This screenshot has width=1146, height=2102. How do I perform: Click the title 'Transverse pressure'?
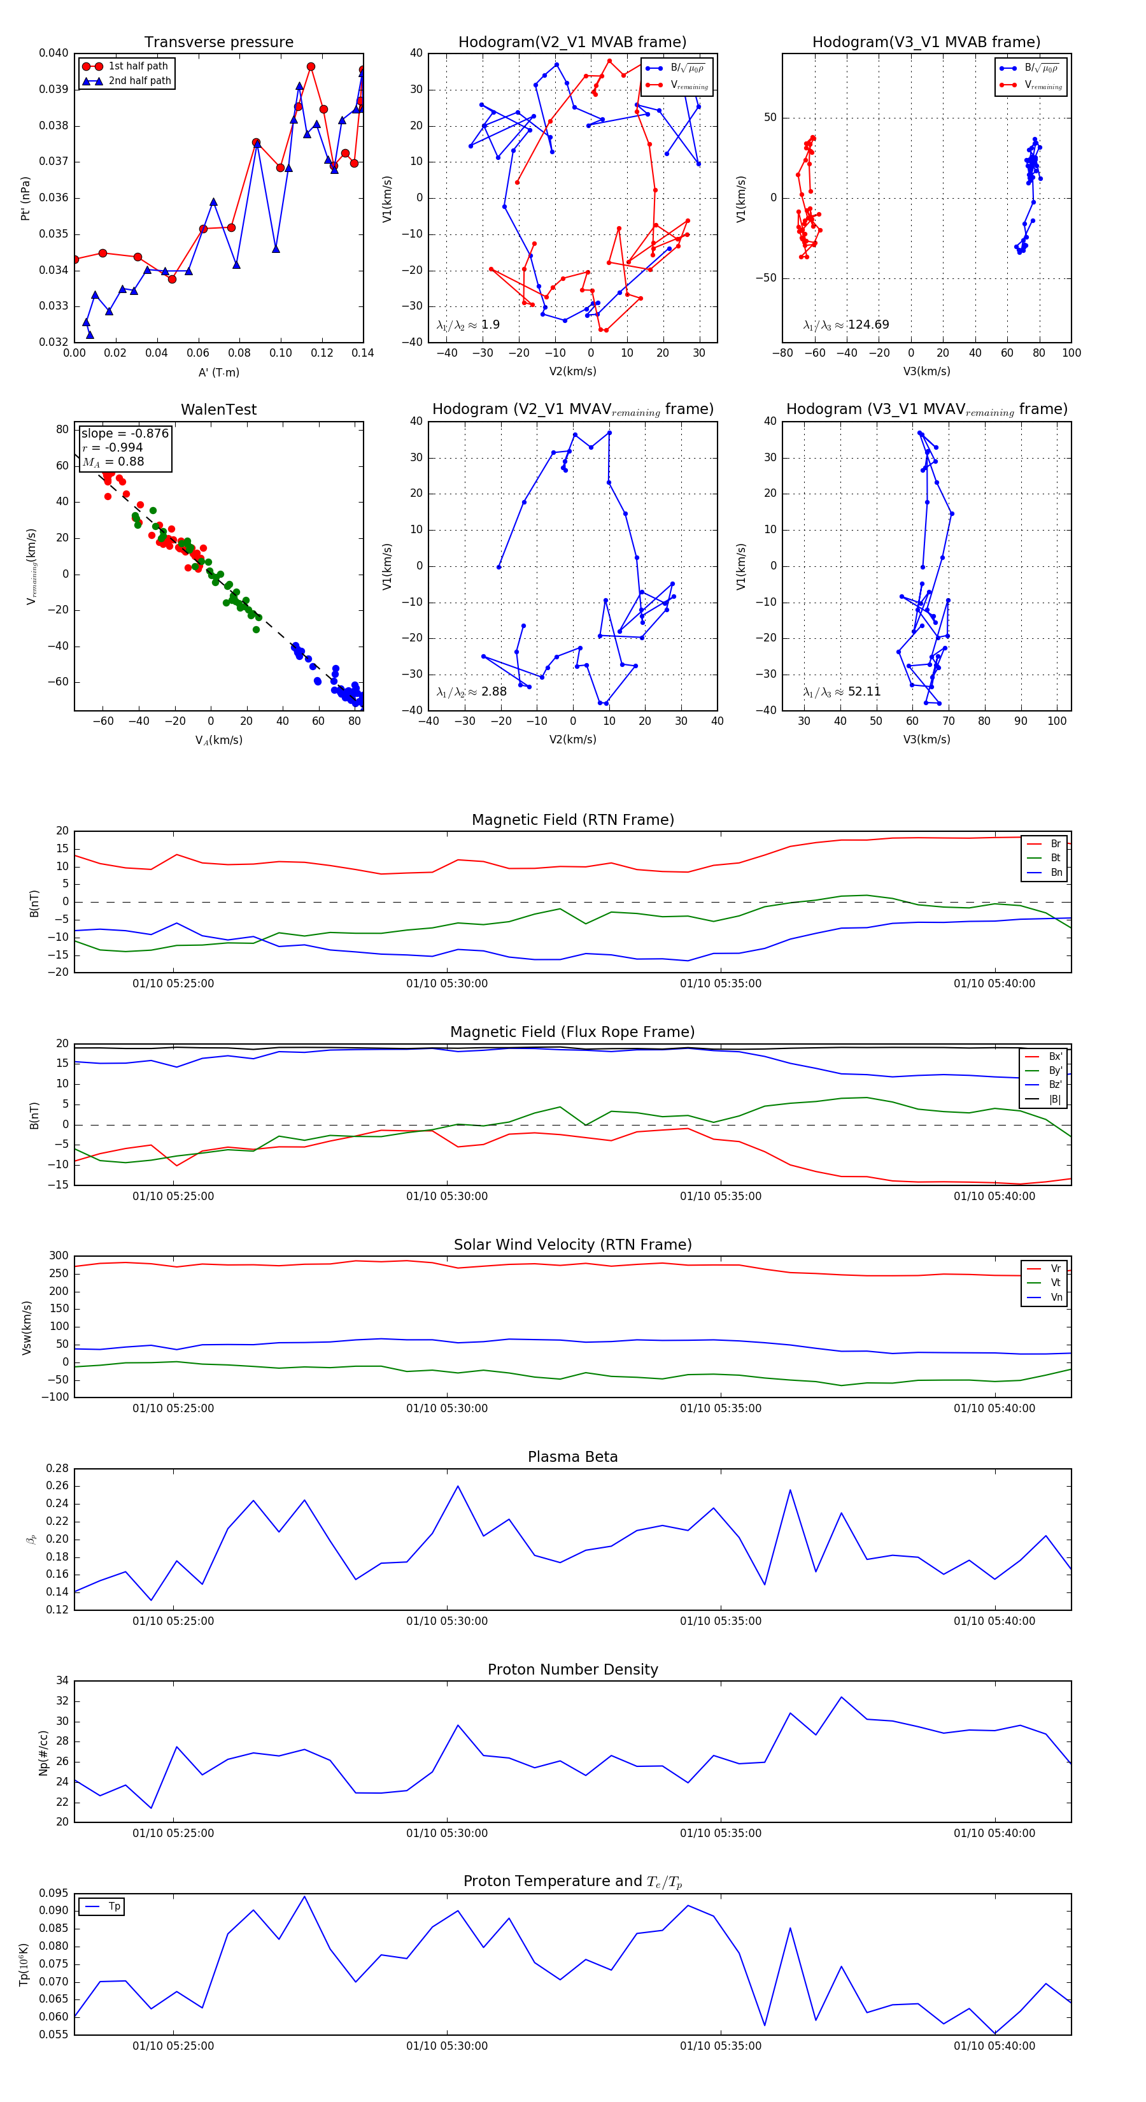[x=218, y=43]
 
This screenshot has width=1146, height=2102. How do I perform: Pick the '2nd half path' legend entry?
[x=139, y=81]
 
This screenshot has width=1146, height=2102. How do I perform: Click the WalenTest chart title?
[x=218, y=410]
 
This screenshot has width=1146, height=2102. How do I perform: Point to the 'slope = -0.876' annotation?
[x=125, y=433]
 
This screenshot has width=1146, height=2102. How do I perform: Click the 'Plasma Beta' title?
[x=572, y=1457]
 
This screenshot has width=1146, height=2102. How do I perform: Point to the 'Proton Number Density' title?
[x=572, y=1669]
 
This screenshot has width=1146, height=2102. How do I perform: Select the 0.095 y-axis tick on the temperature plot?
[x=54, y=1893]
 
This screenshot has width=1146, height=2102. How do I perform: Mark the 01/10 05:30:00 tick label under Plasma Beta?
[x=447, y=1621]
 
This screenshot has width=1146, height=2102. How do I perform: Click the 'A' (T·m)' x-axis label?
[x=218, y=373]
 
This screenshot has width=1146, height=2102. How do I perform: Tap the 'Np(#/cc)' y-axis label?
[x=43, y=1753]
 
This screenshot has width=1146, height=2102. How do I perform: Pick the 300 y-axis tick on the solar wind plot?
[x=59, y=1256]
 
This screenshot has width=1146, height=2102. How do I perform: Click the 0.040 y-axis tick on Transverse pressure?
[x=54, y=53]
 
